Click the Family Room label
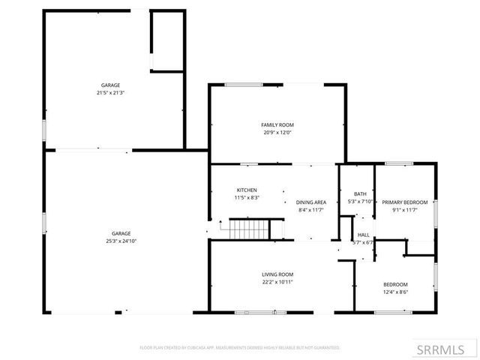277,124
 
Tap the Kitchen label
247,190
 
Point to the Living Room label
277,274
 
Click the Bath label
361,193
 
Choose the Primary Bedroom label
405,202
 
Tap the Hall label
363,235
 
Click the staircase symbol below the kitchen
247,228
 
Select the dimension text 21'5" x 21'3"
111,93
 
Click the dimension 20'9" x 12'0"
277,133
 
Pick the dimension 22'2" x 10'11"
277,282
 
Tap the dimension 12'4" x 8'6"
395,292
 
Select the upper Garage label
111,85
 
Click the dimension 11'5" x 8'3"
247,198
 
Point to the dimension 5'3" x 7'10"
361,201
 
